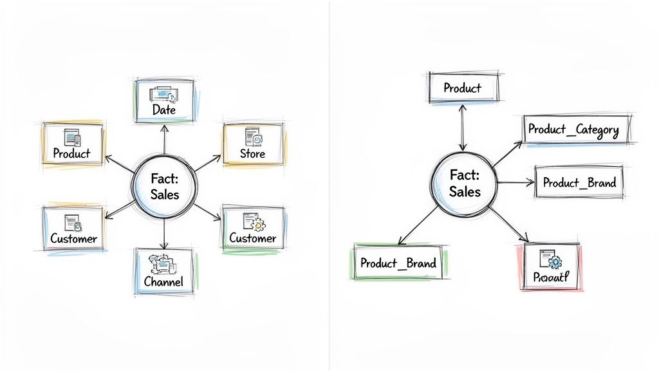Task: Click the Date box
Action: click(x=164, y=102)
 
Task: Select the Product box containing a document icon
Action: click(x=72, y=145)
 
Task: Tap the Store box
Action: click(x=253, y=145)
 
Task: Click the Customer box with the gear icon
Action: click(x=253, y=229)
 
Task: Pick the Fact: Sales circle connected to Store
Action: click(x=165, y=185)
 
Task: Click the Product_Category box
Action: click(x=573, y=129)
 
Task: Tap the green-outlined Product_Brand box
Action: click(x=398, y=263)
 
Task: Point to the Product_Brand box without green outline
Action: click(x=579, y=182)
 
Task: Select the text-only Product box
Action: click(x=462, y=88)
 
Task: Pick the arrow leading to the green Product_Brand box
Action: click(x=419, y=226)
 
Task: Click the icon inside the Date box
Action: click(x=162, y=95)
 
